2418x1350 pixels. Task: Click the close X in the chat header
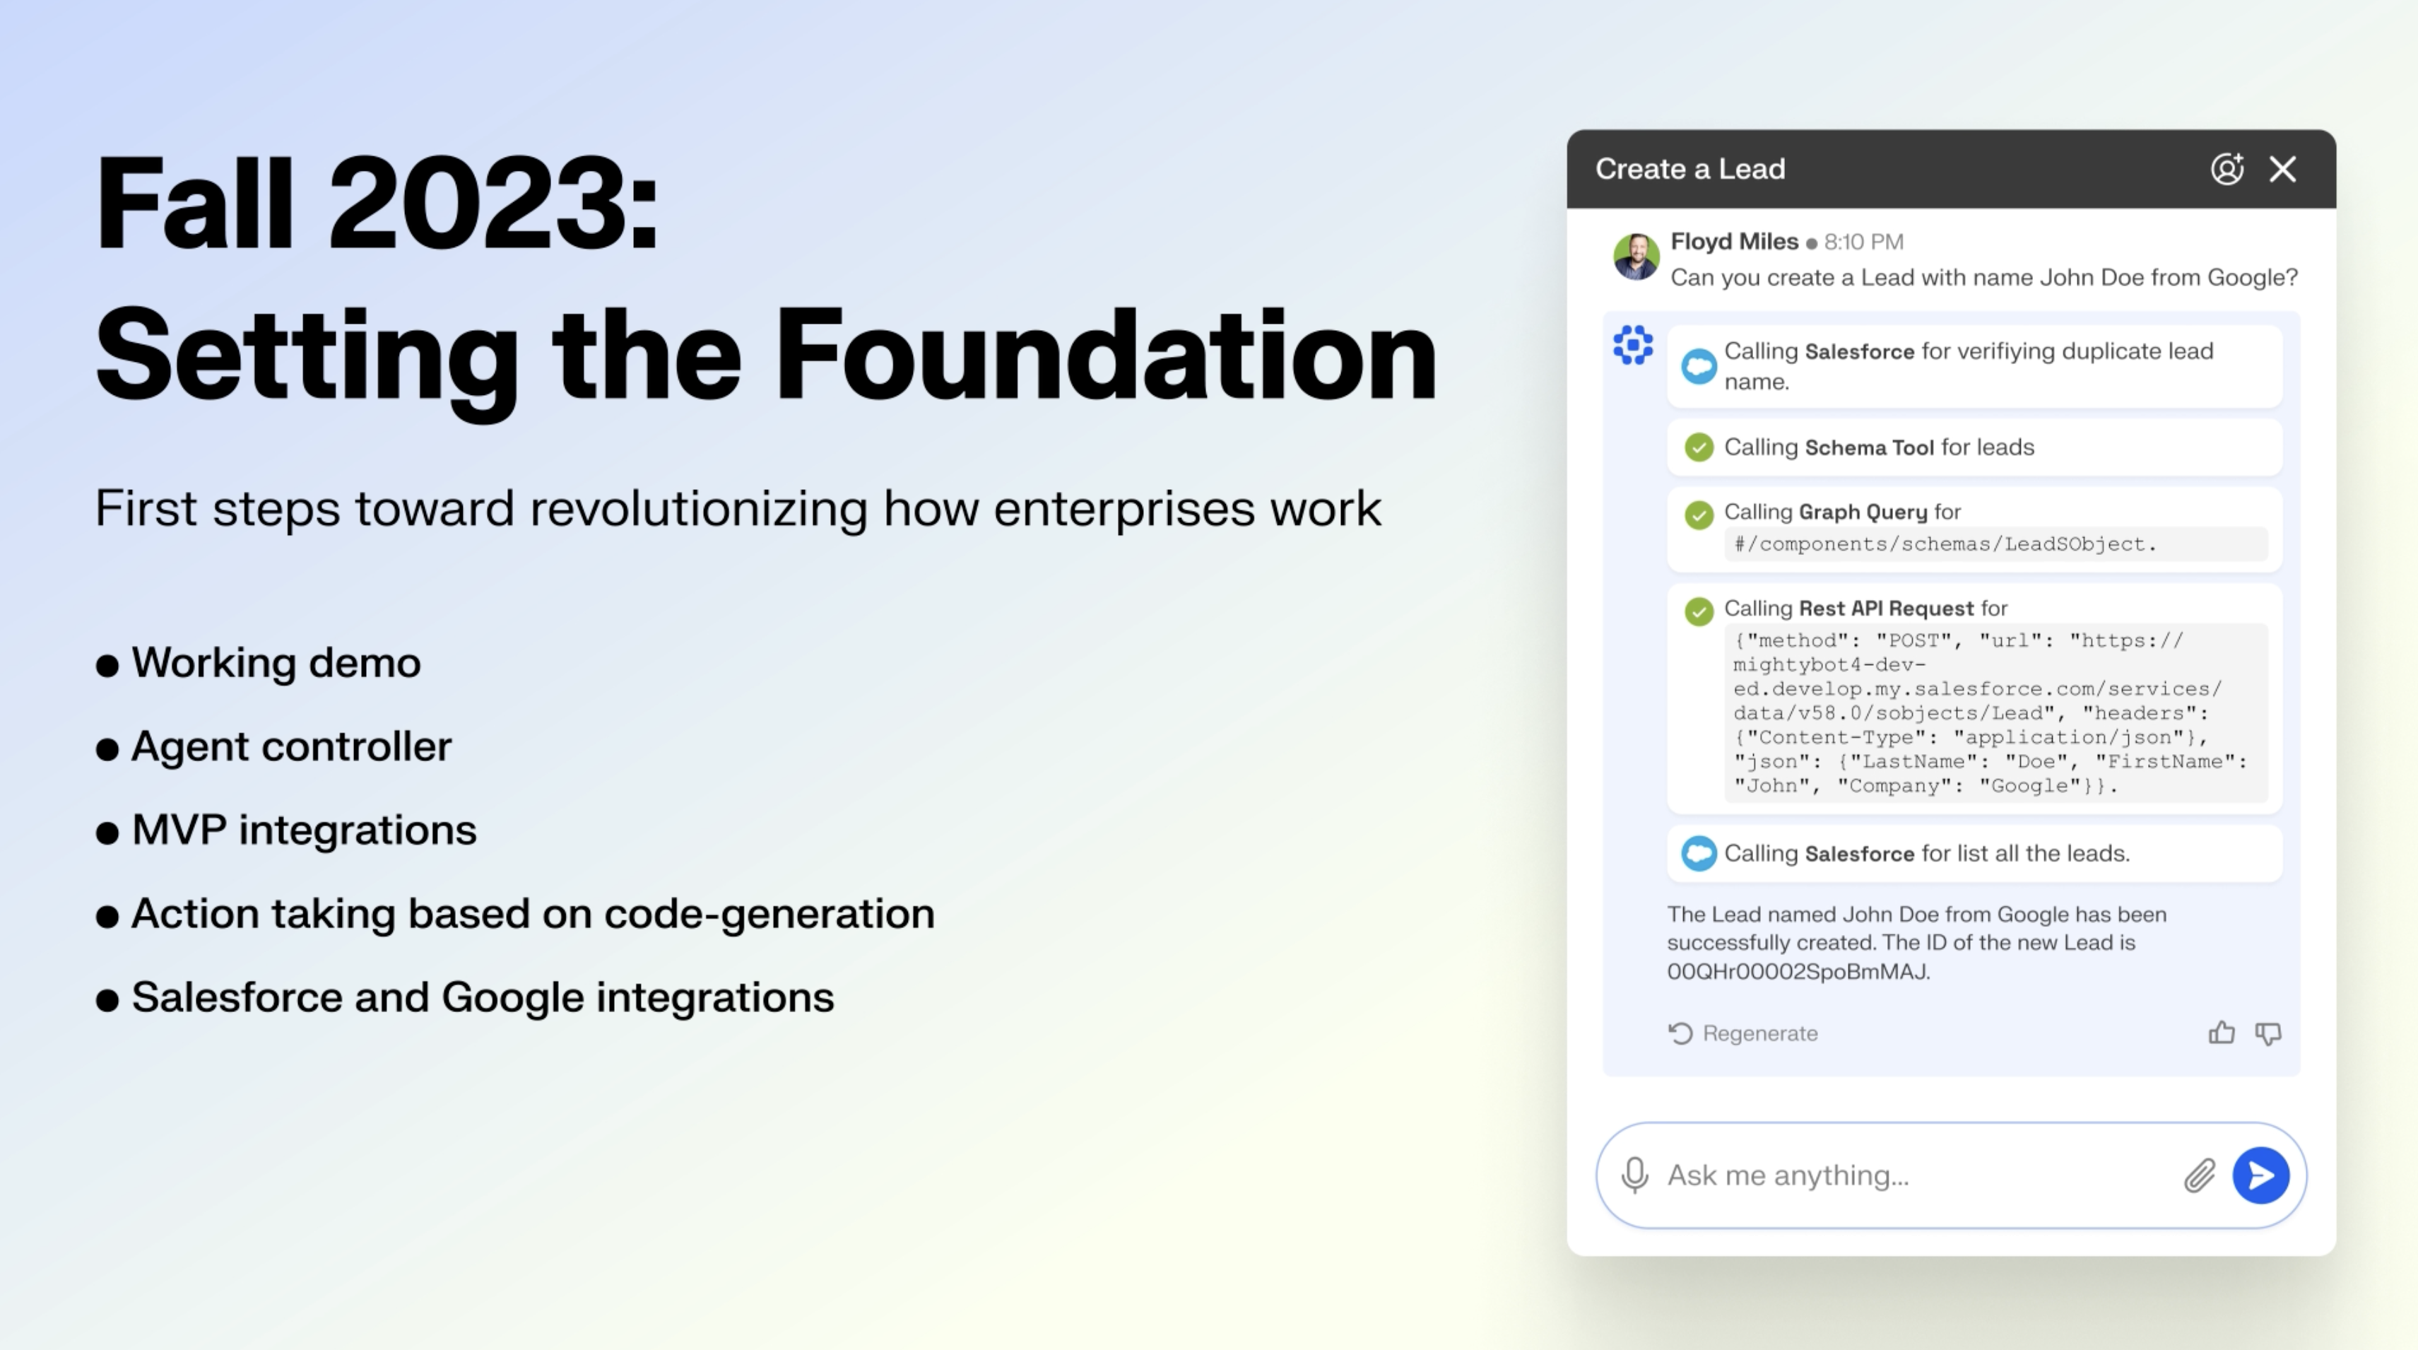2282,169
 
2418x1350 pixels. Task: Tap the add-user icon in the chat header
2227,168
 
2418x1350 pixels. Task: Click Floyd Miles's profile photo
1636,257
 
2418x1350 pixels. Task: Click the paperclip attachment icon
2199,1175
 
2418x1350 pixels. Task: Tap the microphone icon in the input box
1634,1175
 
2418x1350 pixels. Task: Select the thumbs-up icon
2221,1033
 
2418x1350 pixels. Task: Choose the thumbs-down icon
2267,1033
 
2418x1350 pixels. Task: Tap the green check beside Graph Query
1698,515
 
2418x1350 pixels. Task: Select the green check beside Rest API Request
1698,611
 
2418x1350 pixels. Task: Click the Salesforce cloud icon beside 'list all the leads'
1698,853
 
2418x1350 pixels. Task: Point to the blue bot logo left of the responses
1633,344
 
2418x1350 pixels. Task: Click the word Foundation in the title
1105,356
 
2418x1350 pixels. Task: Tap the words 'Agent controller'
291,746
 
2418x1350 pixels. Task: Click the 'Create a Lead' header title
1689,169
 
